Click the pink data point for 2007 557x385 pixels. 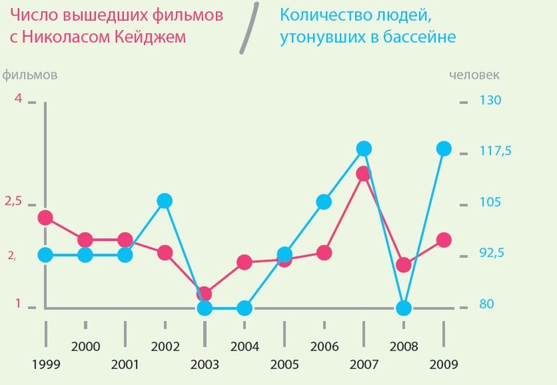[x=363, y=173]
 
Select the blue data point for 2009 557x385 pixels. [x=444, y=148]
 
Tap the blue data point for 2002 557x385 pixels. [x=164, y=201]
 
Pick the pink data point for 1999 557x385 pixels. [x=45, y=218]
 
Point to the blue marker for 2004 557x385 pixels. [x=244, y=308]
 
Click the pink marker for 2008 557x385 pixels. [x=403, y=265]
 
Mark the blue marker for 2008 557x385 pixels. [x=403, y=308]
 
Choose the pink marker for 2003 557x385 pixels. [x=204, y=294]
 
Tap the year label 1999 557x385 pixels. [x=46, y=364]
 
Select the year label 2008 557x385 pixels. [x=403, y=346]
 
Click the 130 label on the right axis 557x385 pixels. [x=490, y=100]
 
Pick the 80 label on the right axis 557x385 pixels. [x=486, y=305]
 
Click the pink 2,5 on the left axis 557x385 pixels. [x=14, y=201]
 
